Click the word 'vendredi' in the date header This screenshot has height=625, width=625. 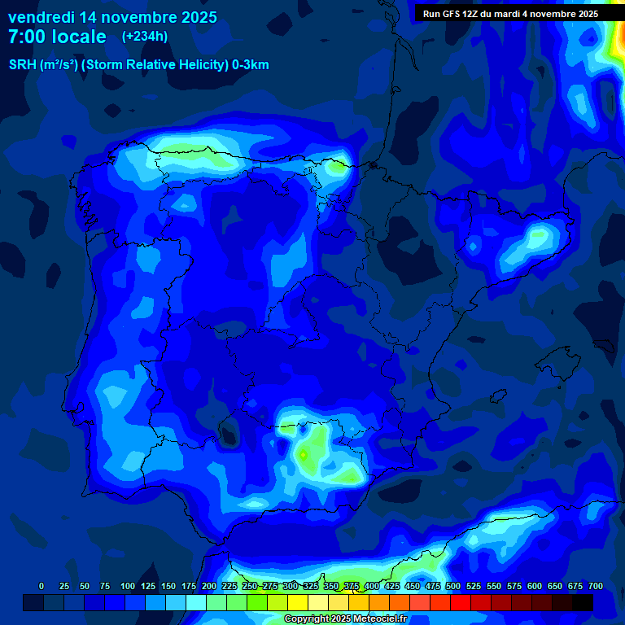[x=40, y=17]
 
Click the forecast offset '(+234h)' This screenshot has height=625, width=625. [x=145, y=37]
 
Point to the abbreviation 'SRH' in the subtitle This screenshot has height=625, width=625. [x=23, y=65]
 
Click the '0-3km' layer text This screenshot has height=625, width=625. [x=251, y=65]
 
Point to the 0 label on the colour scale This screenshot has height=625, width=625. [x=42, y=586]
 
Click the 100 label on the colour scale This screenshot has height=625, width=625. [x=128, y=586]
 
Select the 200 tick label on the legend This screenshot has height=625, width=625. [x=209, y=586]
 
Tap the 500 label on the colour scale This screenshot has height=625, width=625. [x=453, y=586]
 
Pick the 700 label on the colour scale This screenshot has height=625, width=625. [x=596, y=586]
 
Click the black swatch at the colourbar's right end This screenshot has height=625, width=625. [x=583, y=602]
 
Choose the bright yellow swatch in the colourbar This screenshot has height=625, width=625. [x=298, y=602]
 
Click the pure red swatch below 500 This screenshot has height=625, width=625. [x=461, y=602]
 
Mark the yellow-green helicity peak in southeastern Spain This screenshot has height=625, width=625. [x=303, y=454]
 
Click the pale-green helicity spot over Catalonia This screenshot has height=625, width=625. [x=538, y=237]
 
